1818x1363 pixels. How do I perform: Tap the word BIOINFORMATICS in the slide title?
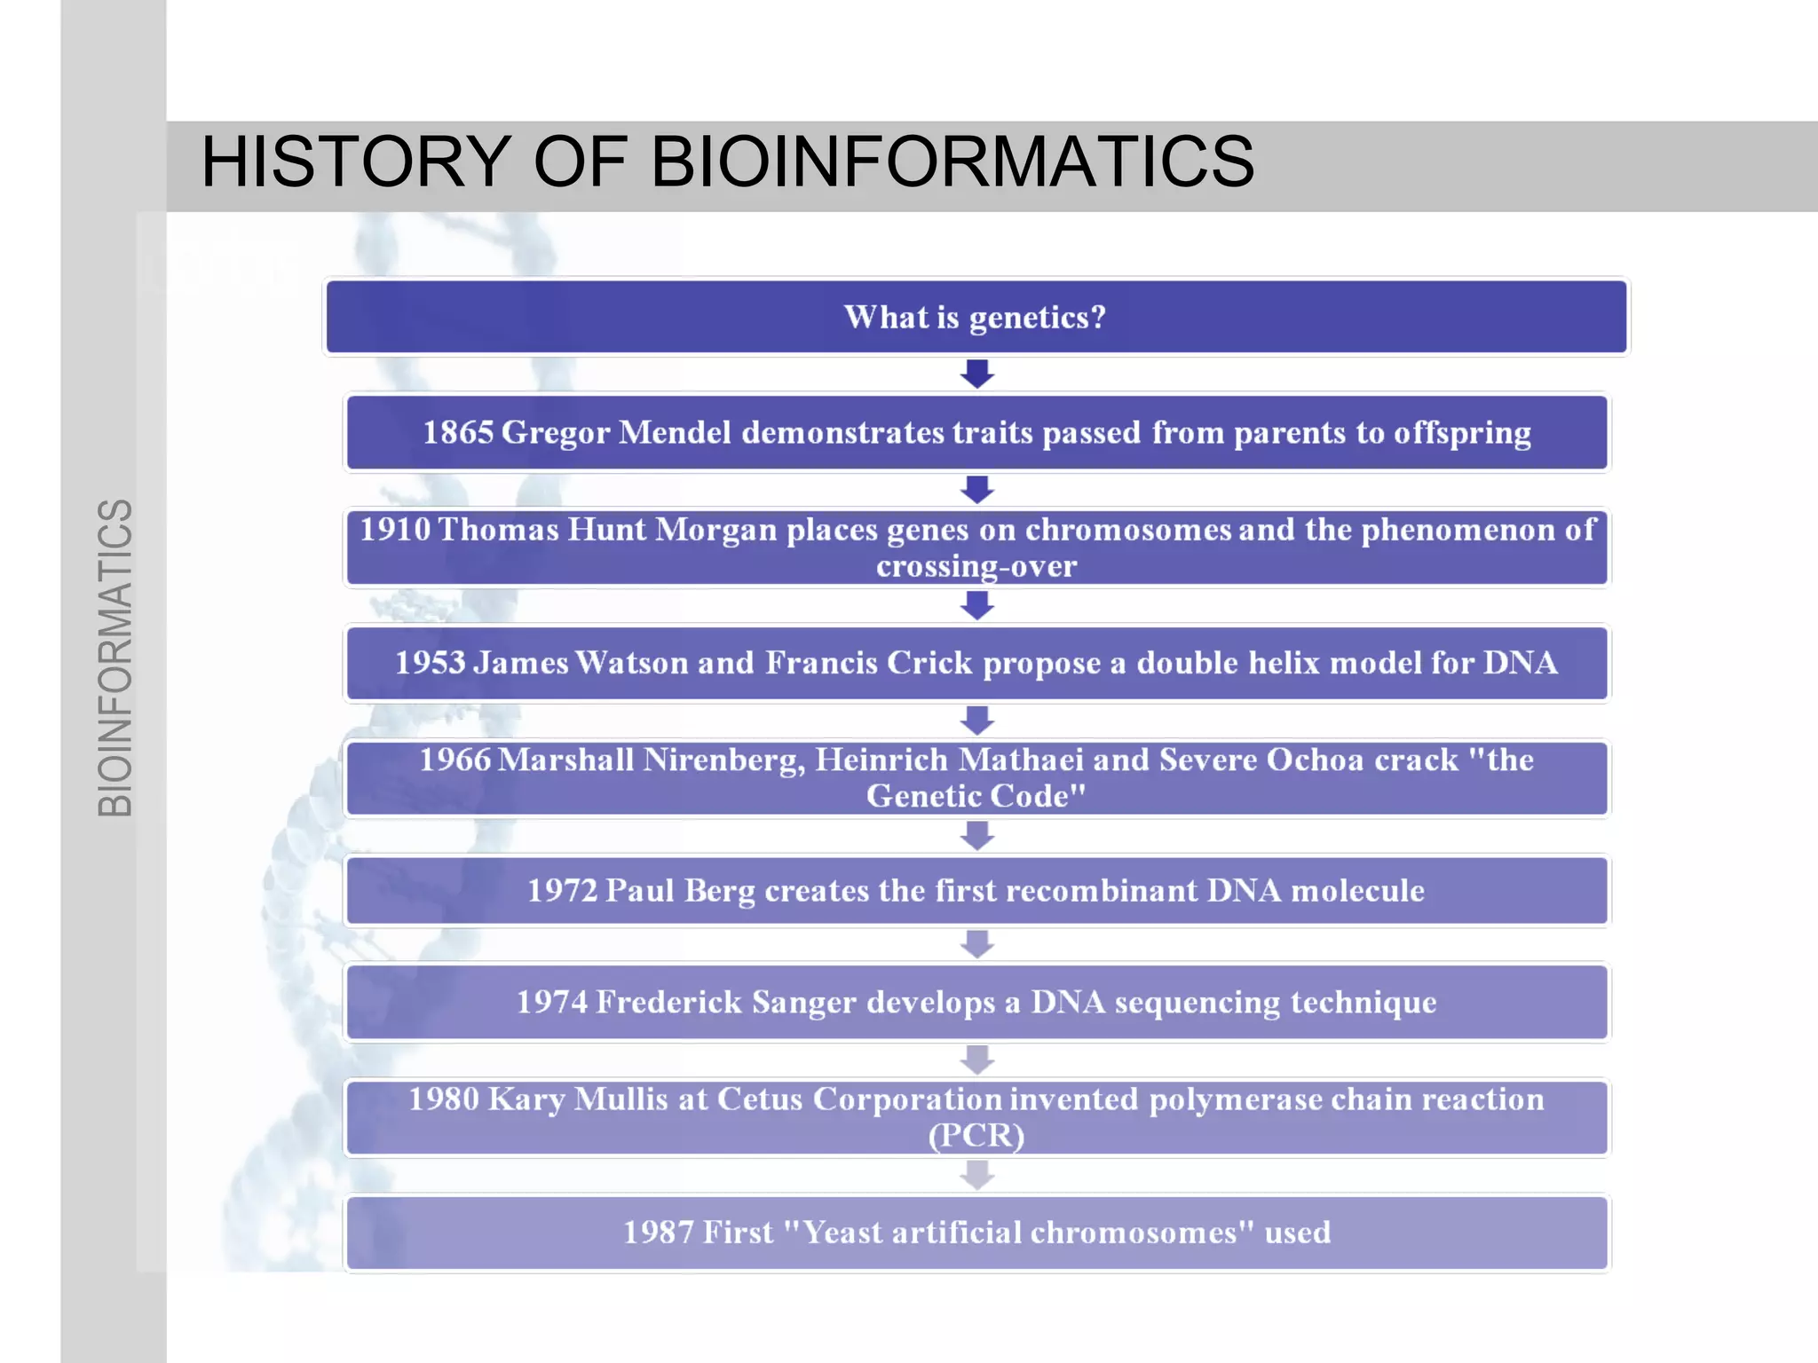(952, 162)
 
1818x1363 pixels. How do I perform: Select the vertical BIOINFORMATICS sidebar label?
(115, 658)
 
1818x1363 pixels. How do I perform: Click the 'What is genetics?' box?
(976, 317)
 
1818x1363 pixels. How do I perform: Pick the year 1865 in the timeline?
(458, 433)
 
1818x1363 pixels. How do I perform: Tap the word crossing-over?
(976, 566)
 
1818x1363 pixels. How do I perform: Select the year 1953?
(431, 663)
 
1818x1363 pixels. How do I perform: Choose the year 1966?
(454, 760)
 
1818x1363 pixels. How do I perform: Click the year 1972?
(562, 890)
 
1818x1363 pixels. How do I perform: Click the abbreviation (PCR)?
(976, 1136)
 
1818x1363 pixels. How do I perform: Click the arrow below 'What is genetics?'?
(976, 374)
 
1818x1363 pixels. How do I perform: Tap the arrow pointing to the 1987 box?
(976, 1175)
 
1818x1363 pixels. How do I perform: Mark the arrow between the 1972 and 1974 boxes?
(976, 944)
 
